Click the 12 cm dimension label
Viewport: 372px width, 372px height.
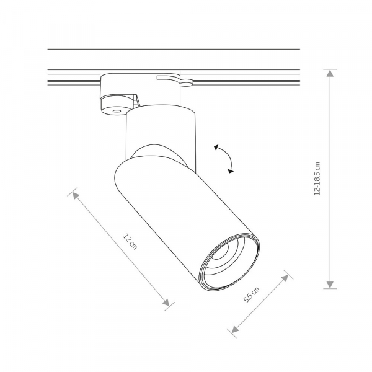[130, 242]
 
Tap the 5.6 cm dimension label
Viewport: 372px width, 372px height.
[252, 294]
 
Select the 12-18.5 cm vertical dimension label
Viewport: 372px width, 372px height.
[317, 179]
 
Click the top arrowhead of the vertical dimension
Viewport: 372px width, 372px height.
[330, 73]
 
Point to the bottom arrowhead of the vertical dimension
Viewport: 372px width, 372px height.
[330, 285]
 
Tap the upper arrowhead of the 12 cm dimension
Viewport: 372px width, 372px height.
[76, 195]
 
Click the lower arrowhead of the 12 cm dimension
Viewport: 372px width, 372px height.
[166, 303]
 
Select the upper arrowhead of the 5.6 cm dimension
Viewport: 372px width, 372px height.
[285, 278]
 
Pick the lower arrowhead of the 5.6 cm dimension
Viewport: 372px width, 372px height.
[235, 329]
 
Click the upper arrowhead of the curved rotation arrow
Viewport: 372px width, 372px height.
[216, 148]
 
